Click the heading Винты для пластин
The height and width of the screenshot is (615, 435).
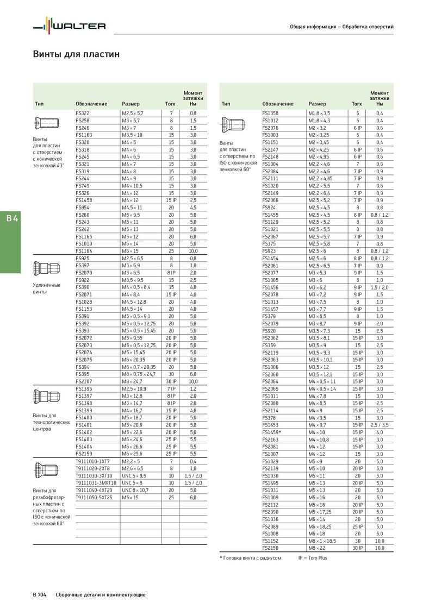(x=76, y=54)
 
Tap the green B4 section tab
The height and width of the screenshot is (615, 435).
(x=13, y=218)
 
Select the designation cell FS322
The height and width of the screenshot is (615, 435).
(x=83, y=113)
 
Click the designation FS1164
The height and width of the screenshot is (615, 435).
(x=84, y=251)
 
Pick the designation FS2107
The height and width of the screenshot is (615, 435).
(x=84, y=382)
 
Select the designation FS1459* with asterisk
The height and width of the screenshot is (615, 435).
(x=272, y=432)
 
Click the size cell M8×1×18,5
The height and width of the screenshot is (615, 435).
(x=322, y=541)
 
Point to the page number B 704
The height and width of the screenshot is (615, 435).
(x=39, y=595)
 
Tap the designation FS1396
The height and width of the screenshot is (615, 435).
(x=84, y=389)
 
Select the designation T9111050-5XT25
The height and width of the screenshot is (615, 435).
(x=94, y=497)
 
